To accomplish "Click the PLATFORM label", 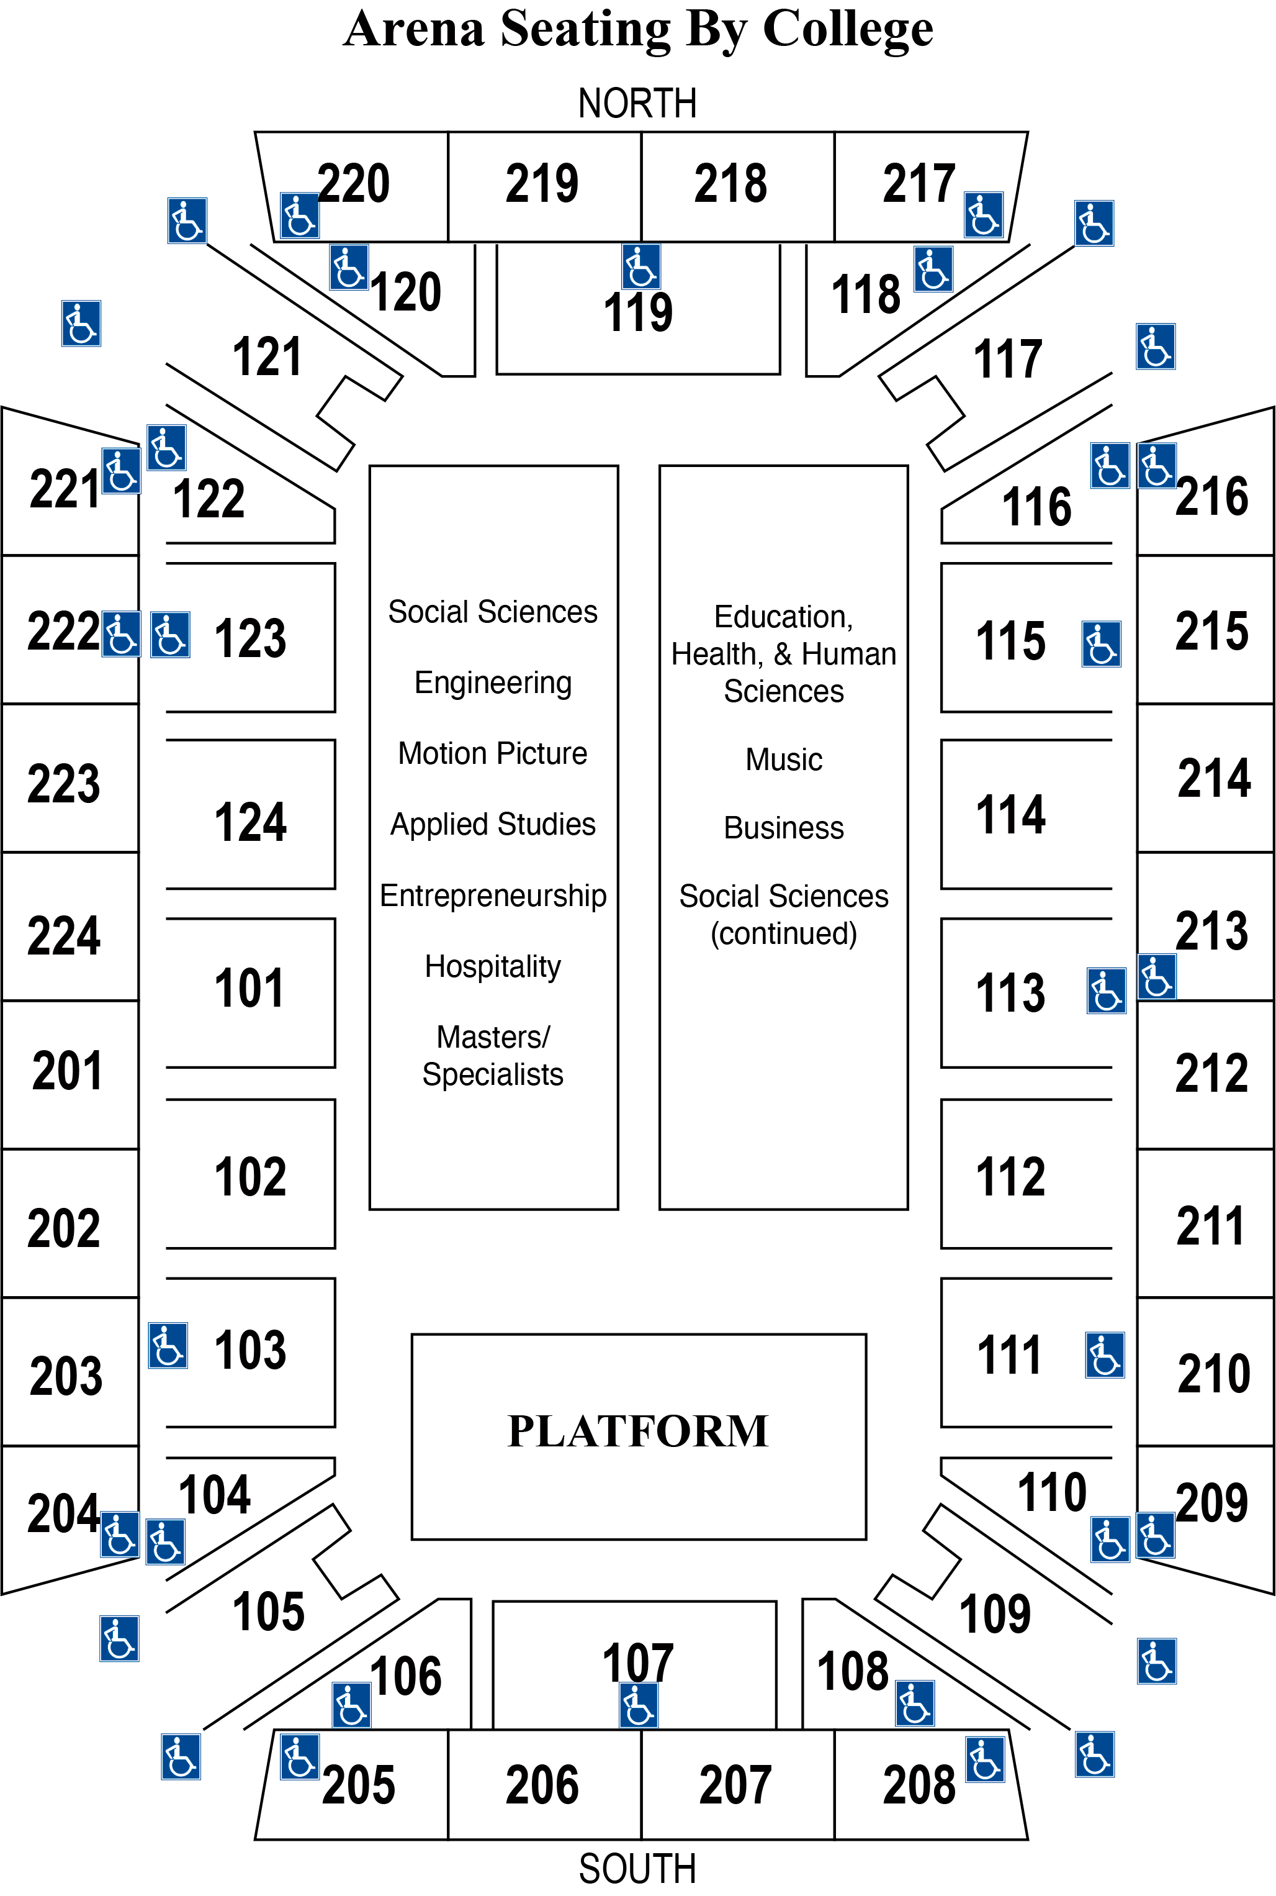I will [x=638, y=1431].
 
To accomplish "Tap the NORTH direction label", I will [x=637, y=103].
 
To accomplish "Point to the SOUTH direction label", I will [x=637, y=1867].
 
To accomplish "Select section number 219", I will [x=542, y=183].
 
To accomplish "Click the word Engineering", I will [x=493, y=683].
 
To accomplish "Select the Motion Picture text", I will [x=493, y=753].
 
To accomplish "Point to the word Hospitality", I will [x=493, y=966].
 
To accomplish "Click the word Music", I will [x=784, y=760].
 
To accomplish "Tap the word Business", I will [x=784, y=828].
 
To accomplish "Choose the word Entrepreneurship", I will [x=493, y=896].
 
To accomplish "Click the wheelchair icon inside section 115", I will [x=1101, y=644].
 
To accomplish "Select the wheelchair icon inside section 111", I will [x=1104, y=1356].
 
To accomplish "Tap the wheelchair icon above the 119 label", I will [x=640, y=266].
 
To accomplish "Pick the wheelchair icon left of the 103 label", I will [x=168, y=1346].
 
